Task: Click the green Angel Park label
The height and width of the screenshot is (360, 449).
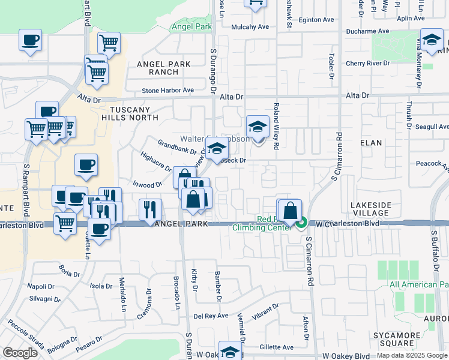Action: point(191,27)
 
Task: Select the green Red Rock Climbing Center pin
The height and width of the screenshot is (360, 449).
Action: point(301,223)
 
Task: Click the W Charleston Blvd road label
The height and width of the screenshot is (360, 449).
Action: point(348,223)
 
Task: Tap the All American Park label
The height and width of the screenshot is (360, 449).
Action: point(419,284)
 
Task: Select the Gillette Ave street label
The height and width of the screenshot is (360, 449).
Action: point(277,347)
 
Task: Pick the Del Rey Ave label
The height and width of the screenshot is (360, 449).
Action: point(211,316)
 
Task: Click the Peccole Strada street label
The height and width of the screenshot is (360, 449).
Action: point(25,336)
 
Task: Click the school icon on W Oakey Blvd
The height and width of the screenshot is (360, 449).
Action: point(230,352)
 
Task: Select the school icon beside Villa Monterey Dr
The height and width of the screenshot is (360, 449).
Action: point(432,40)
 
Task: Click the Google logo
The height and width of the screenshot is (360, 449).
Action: point(20,353)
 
